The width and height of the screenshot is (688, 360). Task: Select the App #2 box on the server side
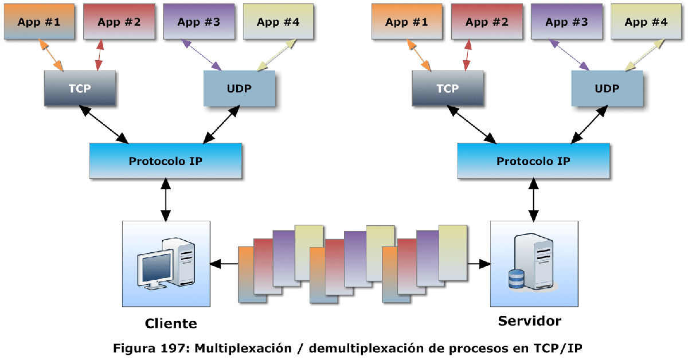(487, 22)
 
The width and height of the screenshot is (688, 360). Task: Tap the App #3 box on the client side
(199, 22)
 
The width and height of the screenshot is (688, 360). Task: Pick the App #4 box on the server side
(646, 22)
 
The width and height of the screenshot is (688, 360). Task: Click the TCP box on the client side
(80, 88)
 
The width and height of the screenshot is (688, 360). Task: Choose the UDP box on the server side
(607, 88)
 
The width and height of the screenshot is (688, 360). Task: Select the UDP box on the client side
(240, 88)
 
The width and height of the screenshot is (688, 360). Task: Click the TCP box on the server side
(448, 88)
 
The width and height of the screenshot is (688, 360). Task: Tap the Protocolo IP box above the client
(166, 161)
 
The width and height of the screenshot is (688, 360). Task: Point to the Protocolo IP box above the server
(533, 161)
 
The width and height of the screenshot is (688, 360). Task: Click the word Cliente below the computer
(171, 323)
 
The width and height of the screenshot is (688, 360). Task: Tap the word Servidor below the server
(529, 320)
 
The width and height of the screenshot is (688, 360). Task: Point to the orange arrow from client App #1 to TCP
(52, 56)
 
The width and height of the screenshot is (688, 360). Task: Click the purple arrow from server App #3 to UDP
(569, 55)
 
